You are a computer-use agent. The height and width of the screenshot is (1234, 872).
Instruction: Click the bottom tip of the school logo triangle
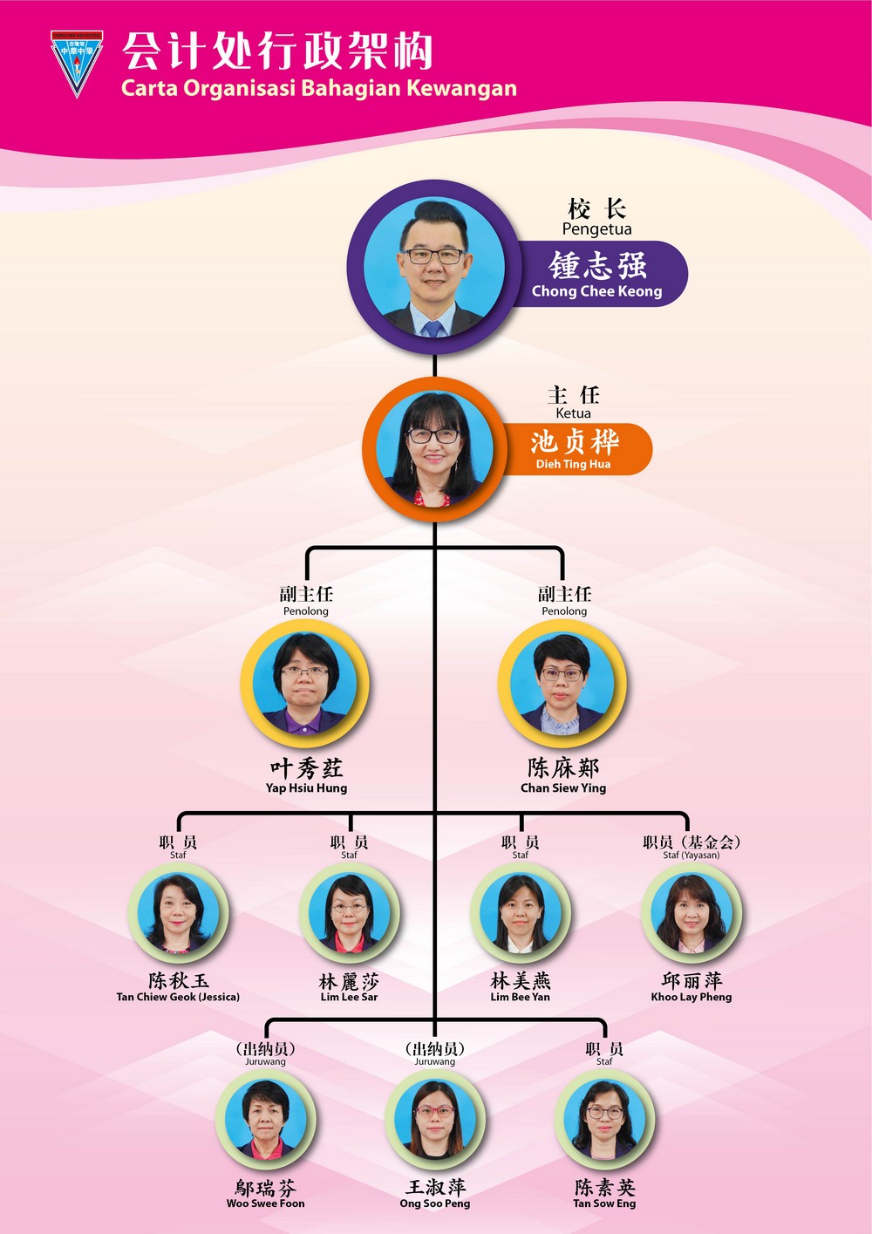77,98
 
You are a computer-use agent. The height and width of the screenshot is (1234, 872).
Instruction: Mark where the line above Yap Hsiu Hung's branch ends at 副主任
307,580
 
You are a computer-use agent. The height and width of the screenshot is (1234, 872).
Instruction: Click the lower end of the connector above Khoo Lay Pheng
687,831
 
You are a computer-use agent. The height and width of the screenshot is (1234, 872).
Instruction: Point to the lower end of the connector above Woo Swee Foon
266,1038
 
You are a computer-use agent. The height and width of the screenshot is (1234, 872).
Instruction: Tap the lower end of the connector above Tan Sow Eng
604,1038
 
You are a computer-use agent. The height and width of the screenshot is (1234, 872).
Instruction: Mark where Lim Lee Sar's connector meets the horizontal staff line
350,813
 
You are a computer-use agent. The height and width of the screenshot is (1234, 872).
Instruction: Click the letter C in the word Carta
128,88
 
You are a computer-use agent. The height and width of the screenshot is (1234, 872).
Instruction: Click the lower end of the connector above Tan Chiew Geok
179,831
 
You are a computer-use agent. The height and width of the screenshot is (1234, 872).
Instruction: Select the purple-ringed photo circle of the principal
434,267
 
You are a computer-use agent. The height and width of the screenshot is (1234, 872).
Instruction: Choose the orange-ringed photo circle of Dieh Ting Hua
434,449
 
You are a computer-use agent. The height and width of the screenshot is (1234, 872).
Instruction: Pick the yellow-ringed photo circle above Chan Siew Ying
562,683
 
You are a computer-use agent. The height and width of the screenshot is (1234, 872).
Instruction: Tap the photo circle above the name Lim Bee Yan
521,913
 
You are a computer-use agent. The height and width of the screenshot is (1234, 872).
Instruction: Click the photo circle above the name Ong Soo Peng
435,1120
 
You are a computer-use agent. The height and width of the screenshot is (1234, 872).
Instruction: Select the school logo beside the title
77,64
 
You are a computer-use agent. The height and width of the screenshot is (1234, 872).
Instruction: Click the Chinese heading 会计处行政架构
277,51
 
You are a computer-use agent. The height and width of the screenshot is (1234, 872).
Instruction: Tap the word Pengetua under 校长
596,229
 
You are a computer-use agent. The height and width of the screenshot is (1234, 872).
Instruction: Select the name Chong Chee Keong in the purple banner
596,291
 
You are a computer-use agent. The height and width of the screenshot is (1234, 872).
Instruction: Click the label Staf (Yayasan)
691,855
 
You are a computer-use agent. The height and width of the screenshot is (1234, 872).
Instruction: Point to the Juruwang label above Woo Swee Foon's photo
265,1061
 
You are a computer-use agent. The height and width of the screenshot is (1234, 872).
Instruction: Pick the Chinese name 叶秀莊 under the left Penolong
306,768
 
